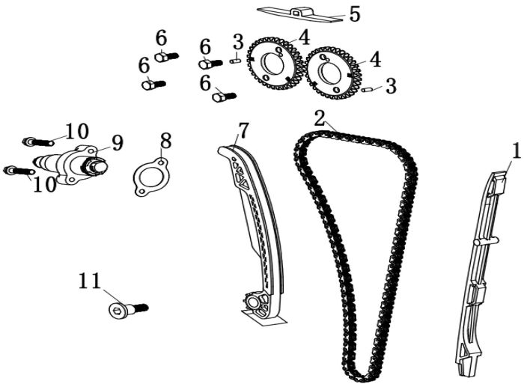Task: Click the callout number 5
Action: [x=355, y=14]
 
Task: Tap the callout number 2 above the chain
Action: [x=320, y=118]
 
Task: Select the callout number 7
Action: [x=243, y=131]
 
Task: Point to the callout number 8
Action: [x=165, y=141]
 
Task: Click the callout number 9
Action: [x=118, y=143]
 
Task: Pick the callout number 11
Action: [x=90, y=281]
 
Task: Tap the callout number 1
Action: [x=517, y=150]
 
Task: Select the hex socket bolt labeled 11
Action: [x=128, y=309]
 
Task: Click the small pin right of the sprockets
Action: [x=367, y=90]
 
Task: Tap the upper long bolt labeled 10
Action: [x=38, y=142]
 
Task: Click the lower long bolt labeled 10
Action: [x=19, y=171]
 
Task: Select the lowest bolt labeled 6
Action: [x=225, y=97]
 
